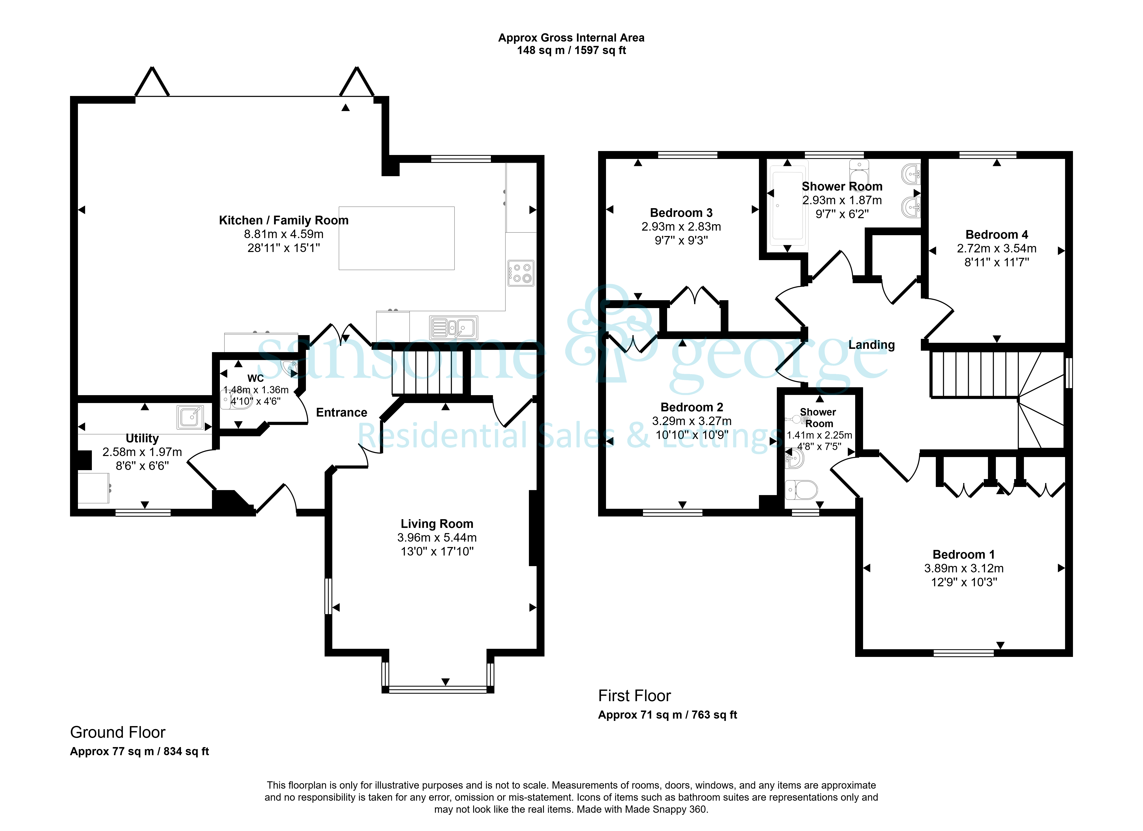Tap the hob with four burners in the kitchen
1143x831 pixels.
521,273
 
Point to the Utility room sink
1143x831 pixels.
190,417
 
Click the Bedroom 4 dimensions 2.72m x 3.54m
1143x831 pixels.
997,248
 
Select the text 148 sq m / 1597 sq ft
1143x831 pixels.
571,50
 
